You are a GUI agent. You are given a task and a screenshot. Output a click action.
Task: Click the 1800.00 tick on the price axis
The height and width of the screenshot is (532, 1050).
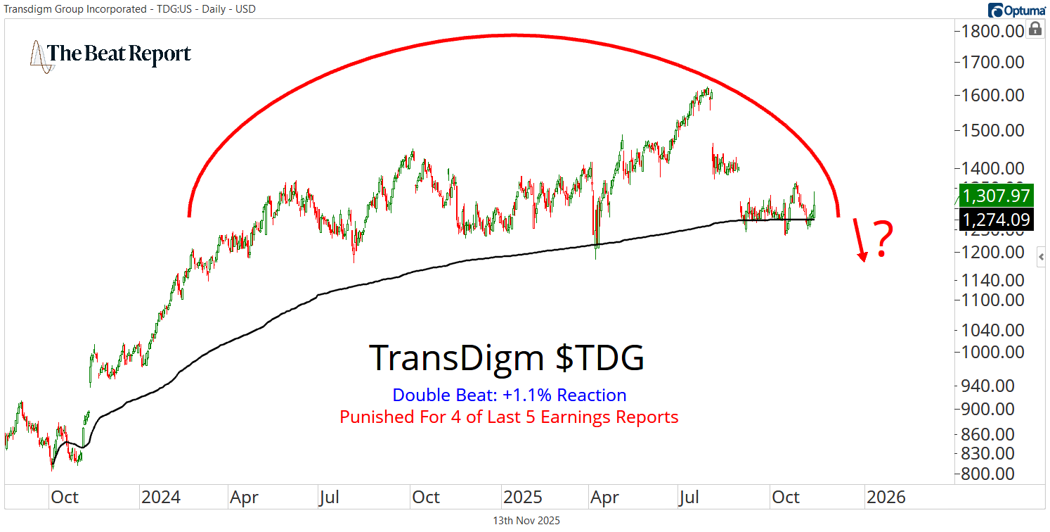(992, 31)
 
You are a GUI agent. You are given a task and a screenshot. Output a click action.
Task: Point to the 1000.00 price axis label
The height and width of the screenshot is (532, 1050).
(992, 353)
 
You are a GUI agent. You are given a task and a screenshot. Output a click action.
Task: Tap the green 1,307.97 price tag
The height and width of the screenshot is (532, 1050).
(997, 196)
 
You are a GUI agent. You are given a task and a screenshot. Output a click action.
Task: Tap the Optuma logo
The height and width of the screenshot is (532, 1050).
(1016, 10)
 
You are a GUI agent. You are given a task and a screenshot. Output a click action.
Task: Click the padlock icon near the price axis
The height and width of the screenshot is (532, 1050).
(1035, 29)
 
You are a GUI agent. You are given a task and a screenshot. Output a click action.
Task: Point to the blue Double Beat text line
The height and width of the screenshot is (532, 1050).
(509, 395)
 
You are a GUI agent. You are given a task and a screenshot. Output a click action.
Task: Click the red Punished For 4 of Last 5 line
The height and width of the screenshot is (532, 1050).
(509, 417)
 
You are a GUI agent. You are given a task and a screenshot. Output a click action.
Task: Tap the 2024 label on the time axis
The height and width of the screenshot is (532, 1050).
(160, 497)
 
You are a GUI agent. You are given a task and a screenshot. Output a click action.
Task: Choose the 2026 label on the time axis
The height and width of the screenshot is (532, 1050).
(886, 497)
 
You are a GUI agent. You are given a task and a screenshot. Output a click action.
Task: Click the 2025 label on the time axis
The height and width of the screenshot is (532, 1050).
(522, 497)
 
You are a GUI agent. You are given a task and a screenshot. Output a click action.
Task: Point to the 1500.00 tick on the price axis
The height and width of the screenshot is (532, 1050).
(992, 130)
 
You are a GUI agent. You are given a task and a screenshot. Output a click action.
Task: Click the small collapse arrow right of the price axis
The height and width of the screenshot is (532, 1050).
(1042, 258)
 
